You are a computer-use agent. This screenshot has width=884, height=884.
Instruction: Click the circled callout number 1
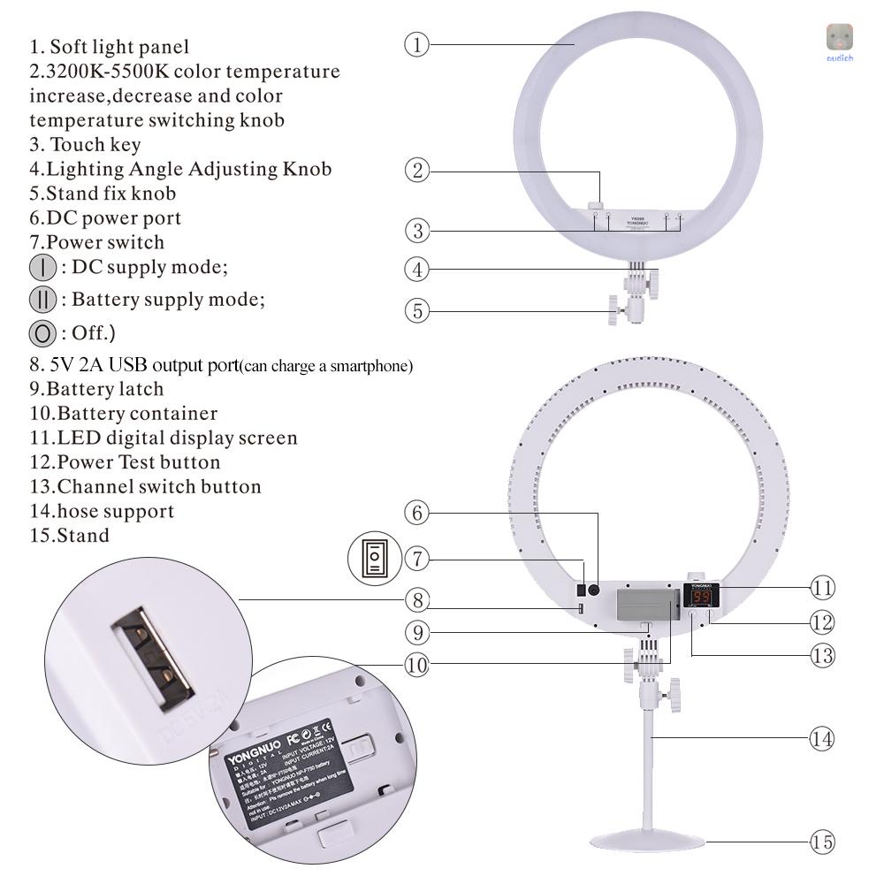(x=417, y=44)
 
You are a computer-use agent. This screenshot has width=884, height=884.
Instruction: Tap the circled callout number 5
(x=417, y=310)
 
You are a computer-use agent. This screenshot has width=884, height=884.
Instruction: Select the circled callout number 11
(x=822, y=587)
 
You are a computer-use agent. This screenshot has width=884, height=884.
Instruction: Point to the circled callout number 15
(x=822, y=842)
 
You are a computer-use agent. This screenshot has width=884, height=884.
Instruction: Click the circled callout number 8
(x=417, y=600)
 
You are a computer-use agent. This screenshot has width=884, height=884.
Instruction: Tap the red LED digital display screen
(x=702, y=598)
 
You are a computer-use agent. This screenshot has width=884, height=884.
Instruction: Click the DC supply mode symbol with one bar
(x=42, y=267)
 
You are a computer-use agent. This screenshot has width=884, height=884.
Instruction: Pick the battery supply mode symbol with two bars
(x=42, y=300)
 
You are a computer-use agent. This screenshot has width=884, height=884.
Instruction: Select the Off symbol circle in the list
(x=42, y=333)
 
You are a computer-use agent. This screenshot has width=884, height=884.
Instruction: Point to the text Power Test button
(x=138, y=462)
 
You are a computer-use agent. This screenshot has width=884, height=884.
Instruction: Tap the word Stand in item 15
(x=83, y=536)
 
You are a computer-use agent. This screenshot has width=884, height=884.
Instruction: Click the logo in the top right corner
(x=839, y=39)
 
